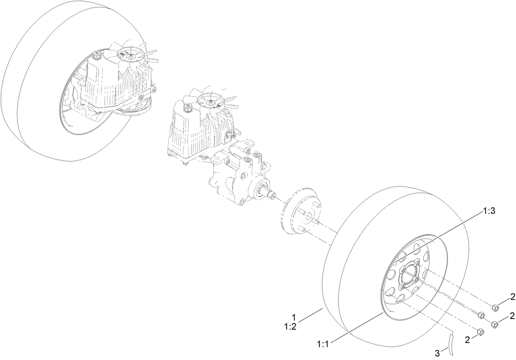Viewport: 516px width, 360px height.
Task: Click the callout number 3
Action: coord(437,352)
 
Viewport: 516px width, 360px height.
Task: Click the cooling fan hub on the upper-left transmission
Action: coord(131,54)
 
